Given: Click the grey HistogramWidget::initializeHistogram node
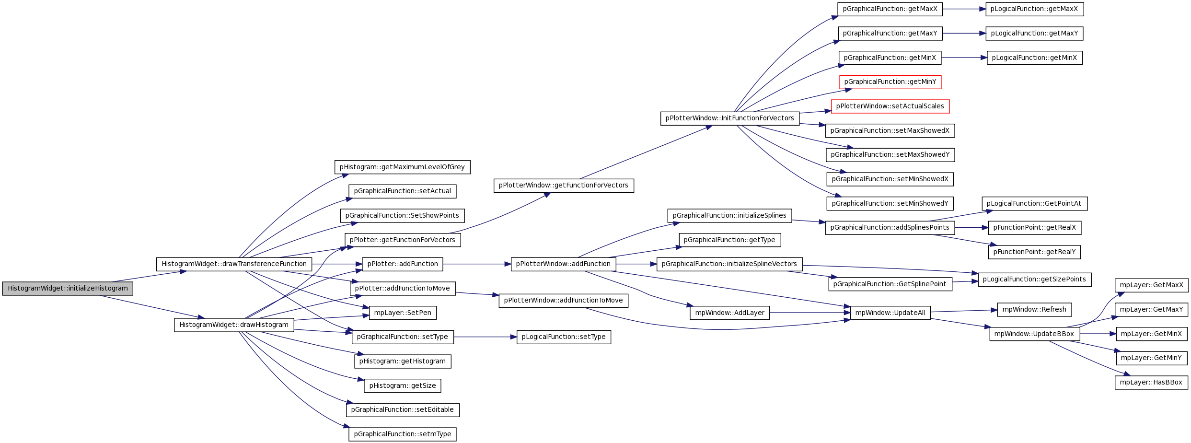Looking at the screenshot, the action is (68, 289).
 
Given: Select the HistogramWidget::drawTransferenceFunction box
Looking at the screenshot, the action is (234, 264).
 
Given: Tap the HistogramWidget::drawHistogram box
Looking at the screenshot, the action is (234, 325).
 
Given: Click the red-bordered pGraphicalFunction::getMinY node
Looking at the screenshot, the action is (890, 82).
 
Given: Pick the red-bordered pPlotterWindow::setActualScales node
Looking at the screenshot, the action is (890, 106).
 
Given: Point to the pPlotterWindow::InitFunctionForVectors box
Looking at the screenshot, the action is (729, 118).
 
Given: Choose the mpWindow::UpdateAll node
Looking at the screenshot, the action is (890, 313).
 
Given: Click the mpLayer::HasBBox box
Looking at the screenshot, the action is (1151, 383).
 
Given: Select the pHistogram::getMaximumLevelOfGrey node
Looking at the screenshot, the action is (402, 167).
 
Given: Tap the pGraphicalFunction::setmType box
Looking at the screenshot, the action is (403, 434).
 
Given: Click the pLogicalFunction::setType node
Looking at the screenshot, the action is (564, 337).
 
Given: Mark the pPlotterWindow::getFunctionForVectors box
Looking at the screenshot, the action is (564, 186).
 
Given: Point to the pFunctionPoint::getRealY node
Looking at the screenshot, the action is (1034, 252).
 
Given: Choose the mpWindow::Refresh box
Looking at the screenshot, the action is (1034, 310).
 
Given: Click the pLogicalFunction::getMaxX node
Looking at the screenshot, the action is (1035, 9).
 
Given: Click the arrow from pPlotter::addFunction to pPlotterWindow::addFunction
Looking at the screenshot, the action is (477, 264).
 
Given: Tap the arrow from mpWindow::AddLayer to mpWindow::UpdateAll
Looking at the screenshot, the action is (810, 313).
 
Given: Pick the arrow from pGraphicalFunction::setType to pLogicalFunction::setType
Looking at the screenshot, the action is (485, 337).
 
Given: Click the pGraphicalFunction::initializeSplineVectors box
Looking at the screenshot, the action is (729, 264).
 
